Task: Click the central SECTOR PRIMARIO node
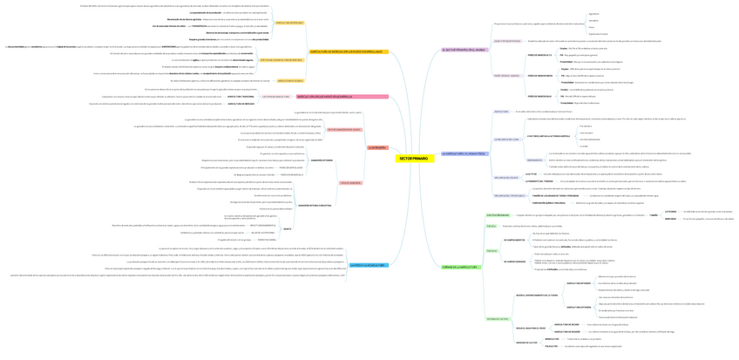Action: click(x=413, y=159)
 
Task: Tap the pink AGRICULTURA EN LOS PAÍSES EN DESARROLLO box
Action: click(x=324, y=96)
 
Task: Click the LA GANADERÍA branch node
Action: click(x=376, y=147)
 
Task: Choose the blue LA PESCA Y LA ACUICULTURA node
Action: click(x=368, y=265)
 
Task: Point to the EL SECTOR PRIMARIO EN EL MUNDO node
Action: click(x=462, y=50)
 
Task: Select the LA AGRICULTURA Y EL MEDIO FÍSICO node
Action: click(x=464, y=153)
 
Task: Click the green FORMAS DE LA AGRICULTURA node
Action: click(x=461, y=267)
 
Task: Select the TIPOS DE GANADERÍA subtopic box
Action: click(x=350, y=182)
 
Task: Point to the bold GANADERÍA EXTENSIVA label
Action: click(x=322, y=160)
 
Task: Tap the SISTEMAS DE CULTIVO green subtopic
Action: click(x=498, y=319)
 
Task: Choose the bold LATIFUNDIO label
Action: click(x=670, y=211)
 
